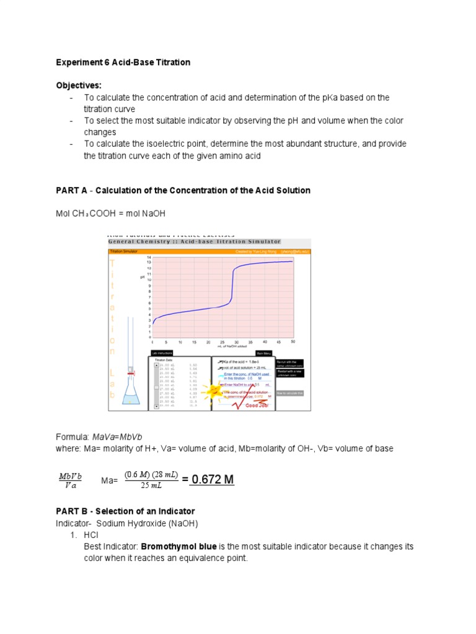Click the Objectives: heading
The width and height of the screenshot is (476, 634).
click(79, 85)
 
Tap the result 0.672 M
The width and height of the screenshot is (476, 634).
click(212, 480)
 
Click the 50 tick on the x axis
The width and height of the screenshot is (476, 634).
click(293, 342)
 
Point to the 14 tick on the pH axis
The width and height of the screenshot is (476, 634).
click(149, 257)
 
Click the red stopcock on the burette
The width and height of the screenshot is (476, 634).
click(131, 371)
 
